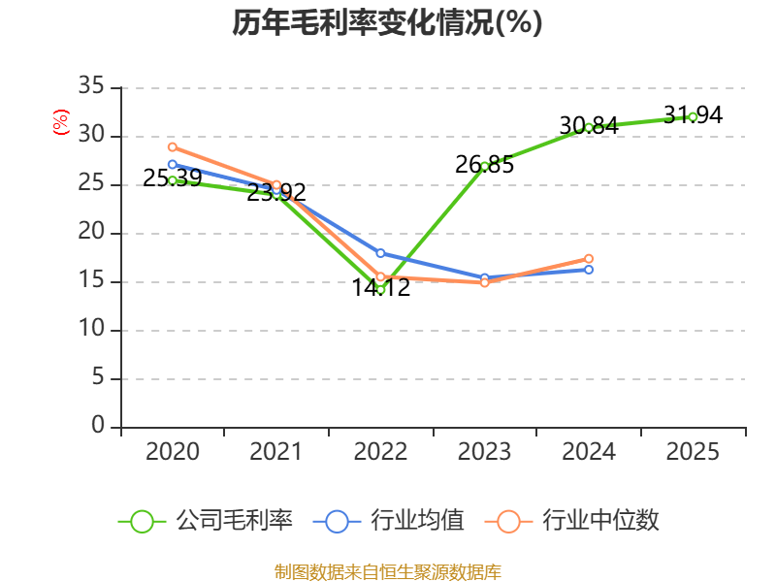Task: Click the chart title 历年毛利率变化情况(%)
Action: click(387, 22)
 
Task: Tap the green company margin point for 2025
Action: click(693, 116)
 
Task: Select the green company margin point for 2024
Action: click(589, 127)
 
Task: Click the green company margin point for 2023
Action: click(485, 166)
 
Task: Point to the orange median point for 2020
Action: click(173, 146)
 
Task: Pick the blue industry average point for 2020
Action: click(173, 164)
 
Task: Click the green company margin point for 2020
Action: click(173, 180)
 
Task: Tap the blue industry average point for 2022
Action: click(380, 253)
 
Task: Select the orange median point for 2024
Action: click(589, 258)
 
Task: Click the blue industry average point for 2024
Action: click(589, 270)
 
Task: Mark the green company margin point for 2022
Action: click(380, 289)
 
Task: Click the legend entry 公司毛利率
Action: click(206, 521)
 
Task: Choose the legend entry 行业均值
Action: click(389, 521)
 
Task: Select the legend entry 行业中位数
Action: click(579, 521)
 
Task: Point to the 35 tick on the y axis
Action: click(91, 87)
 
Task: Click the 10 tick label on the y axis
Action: click(91, 330)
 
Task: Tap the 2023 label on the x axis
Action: click(484, 452)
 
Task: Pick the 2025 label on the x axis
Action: click(693, 452)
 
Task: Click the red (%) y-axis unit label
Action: click(61, 123)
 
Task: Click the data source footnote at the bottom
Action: click(387, 571)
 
